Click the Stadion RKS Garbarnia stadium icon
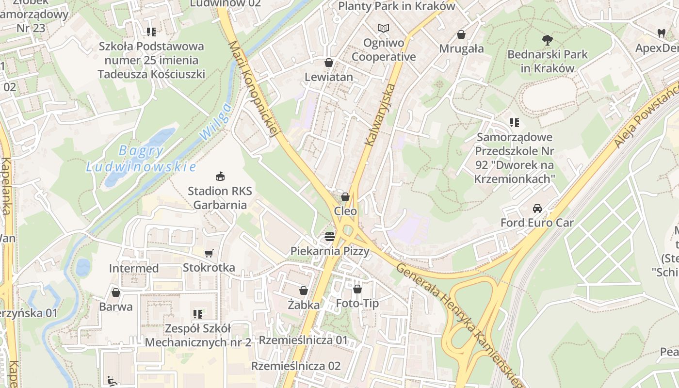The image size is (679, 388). [x=220, y=176]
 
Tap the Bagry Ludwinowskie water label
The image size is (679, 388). [x=141, y=159]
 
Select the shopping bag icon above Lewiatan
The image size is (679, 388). [x=329, y=63]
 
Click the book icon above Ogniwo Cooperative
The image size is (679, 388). [x=384, y=29]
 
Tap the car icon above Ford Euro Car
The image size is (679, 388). [x=537, y=209]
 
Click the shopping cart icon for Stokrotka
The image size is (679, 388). [x=209, y=253]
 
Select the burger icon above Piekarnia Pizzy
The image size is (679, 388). [x=330, y=237]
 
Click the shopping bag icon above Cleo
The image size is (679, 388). [x=345, y=197]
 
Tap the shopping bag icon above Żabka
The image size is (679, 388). [x=304, y=291]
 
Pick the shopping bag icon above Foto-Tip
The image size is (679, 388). [x=357, y=289]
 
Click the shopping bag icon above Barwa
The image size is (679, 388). [x=115, y=292]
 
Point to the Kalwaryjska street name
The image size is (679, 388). [x=381, y=115]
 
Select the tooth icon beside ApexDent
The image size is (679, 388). [x=661, y=33]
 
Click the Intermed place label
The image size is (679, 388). [x=134, y=268]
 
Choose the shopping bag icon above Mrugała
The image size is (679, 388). [x=461, y=34]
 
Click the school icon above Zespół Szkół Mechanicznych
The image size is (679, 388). [x=197, y=314]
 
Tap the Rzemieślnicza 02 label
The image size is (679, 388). [x=296, y=366]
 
